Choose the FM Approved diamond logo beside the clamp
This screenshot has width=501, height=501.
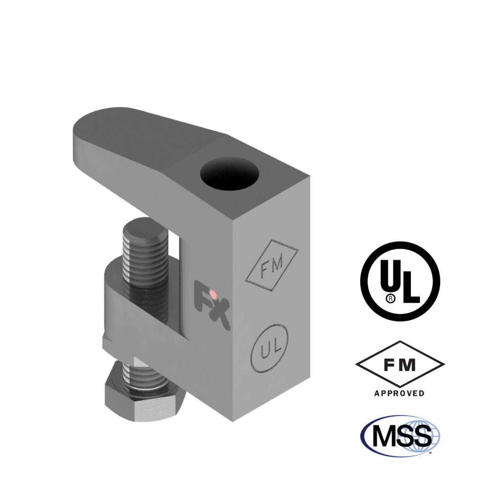tap(400, 365)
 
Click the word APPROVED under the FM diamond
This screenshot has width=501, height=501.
tap(400, 393)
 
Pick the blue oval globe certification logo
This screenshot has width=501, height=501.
tap(400, 436)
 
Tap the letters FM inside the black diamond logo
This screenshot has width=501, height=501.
tap(400, 364)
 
